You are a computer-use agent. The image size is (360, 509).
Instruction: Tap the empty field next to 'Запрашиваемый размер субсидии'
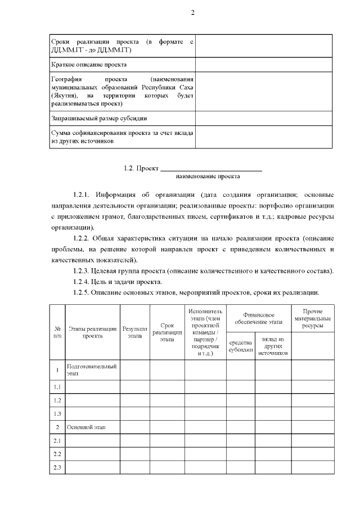pyautogui.click(x=263, y=118)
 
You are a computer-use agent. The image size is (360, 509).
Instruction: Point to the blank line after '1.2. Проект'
pyautogui.click(x=211, y=168)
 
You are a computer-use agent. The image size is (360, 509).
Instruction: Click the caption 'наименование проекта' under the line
pyautogui.click(x=208, y=177)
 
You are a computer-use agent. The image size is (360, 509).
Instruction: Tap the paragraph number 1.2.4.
pyautogui.click(x=85, y=282)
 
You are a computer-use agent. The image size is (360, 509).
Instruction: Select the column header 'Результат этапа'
pyautogui.click(x=135, y=332)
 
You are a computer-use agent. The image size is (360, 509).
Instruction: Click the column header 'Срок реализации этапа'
pyautogui.click(x=167, y=332)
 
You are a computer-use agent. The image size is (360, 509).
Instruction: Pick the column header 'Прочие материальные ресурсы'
pyautogui.click(x=312, y=318)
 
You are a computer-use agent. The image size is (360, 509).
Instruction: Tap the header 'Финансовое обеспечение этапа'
pyautogui.click(x=258, y=318)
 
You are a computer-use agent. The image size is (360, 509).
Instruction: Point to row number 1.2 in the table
pyautogui.click(x=57, y=400)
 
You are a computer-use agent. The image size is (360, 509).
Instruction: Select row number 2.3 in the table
pyautogui.click(x=57, y=468)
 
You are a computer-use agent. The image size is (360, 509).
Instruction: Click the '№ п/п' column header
pyautogui.click(x=57, y=332)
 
